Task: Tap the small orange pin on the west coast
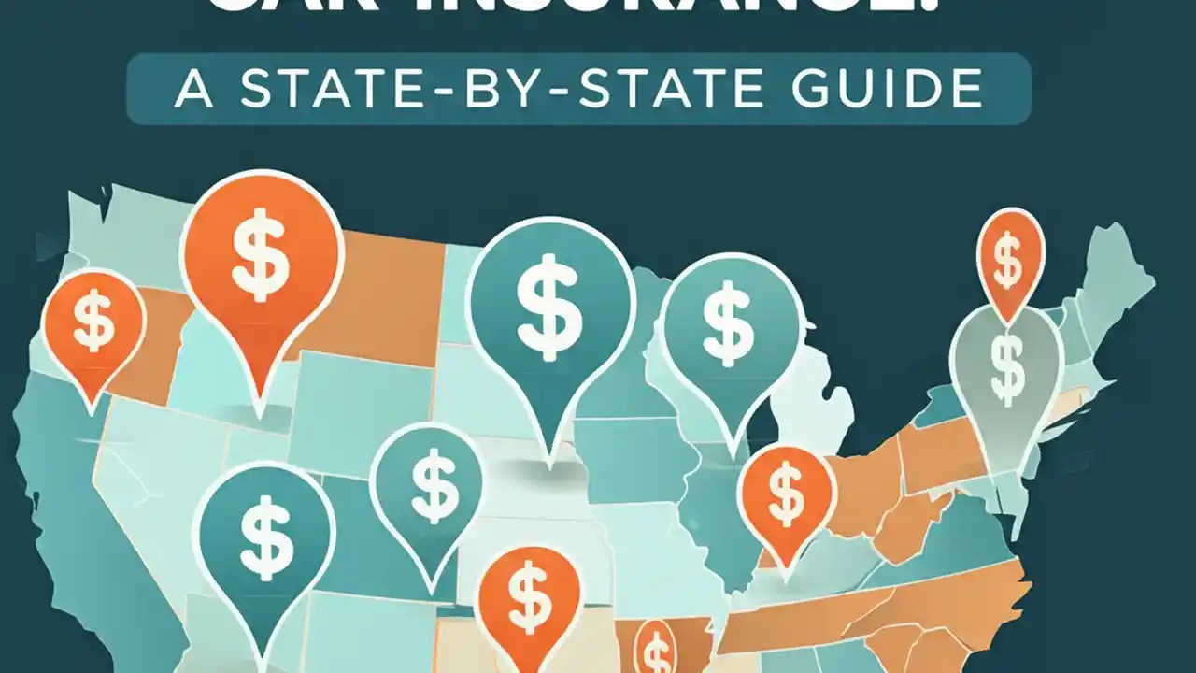[94, 323]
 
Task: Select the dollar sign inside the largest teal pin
[548, 307]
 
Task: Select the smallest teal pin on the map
[427, 485]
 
